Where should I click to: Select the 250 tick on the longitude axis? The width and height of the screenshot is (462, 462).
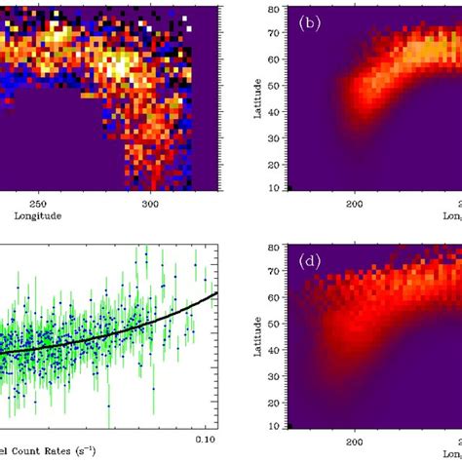tap(38, 206)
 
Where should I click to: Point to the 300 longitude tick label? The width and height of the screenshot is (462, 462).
tap(149, 206)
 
